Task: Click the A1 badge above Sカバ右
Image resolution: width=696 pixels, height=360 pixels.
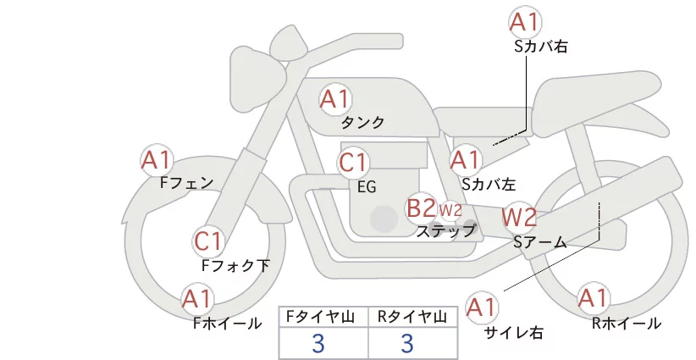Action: tap(525, 22)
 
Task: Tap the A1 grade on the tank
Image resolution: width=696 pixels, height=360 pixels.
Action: tap(335, 99)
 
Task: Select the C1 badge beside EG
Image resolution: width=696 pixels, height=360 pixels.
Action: tap(353, 163)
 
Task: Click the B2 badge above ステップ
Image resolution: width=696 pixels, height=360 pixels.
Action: tap(421, 208)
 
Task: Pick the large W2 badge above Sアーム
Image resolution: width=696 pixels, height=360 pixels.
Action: tap(519, 217)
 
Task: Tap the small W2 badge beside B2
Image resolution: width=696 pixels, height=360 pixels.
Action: tap(450, 210)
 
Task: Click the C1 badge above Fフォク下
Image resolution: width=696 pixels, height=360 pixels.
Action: tap(208, 242)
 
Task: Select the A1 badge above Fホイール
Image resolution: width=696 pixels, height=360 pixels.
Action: tap(197, 299)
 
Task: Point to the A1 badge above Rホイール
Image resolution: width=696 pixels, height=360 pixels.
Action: tap(593, 298)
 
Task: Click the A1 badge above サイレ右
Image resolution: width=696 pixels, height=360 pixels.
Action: tap(482, 307)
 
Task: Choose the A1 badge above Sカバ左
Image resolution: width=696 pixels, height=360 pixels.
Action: tap(466, 160)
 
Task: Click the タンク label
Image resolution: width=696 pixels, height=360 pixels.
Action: tap(362, 123)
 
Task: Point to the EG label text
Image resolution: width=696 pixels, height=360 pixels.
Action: tap(367, 187)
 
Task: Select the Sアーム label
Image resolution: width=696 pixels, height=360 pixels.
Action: tap(540, 242)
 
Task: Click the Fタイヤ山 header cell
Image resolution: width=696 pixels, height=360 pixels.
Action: tap(323, 317)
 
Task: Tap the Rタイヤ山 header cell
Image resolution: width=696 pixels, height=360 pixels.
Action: tap(413, 317)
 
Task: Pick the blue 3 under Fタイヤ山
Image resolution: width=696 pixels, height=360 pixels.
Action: tap(318, 343)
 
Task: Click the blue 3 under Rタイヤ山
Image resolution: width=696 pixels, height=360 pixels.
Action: tap(407, 343)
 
